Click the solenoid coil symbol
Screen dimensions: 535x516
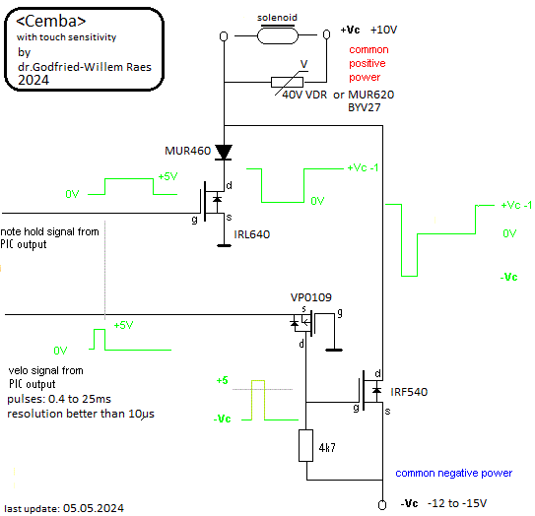pos(278,35)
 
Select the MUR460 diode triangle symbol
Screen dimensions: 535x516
pos(224,152)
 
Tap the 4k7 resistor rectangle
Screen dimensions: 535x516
pos(306,446)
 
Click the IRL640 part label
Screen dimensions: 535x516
pos(252,234)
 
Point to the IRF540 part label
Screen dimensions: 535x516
pos(409,392)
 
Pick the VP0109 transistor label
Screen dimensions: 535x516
pos(310,297)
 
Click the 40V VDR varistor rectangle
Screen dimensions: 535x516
pos(287,82)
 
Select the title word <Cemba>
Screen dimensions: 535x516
pos(51,21)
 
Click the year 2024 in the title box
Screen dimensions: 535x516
pos(33,80)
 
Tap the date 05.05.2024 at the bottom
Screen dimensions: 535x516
pos(94,508)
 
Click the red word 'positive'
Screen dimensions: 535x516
pos(368,64)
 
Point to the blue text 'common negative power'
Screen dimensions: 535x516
pos(454,473)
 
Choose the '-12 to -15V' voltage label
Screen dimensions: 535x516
pos(457,503)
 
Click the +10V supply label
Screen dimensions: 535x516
pos(384,30)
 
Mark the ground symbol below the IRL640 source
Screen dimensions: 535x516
pos(225,245)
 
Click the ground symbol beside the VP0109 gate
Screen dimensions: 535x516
pos(334,350)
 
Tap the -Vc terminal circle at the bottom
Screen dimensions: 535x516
pos(382,505)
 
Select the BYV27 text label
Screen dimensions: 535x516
pos(364,107)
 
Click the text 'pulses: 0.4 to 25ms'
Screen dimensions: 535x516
pos(59,399)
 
